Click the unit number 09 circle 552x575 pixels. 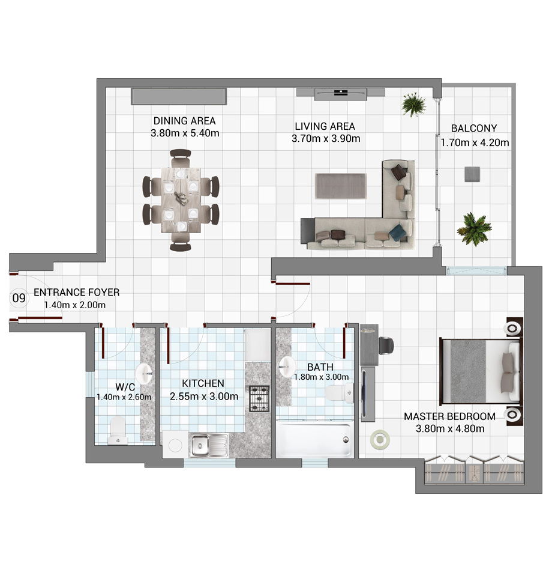coord(19,298)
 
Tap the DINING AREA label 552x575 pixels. coord(184,121)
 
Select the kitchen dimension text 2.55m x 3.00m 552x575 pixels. coord(204,397)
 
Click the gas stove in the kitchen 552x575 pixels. coord(259,398)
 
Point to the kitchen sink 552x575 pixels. coord(208,446)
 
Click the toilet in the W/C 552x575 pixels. coord(118,430)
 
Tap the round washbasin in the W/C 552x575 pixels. coord(145,373)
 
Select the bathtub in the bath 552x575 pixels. coord(314,440)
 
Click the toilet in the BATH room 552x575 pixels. coord(339,393)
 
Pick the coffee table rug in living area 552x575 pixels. coord(341,186)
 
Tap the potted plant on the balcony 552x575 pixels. coord(473,229)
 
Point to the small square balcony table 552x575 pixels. coord(472,174)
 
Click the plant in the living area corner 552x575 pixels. coord(413,105)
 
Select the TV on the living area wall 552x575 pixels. coord(340,94)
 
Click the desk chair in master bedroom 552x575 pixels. coord(386,346)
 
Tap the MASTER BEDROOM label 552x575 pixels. coord(449,416)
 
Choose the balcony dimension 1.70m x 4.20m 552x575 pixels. coord(475,142)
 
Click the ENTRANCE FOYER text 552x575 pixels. coord(77,292)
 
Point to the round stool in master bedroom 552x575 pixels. coord(379,439)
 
